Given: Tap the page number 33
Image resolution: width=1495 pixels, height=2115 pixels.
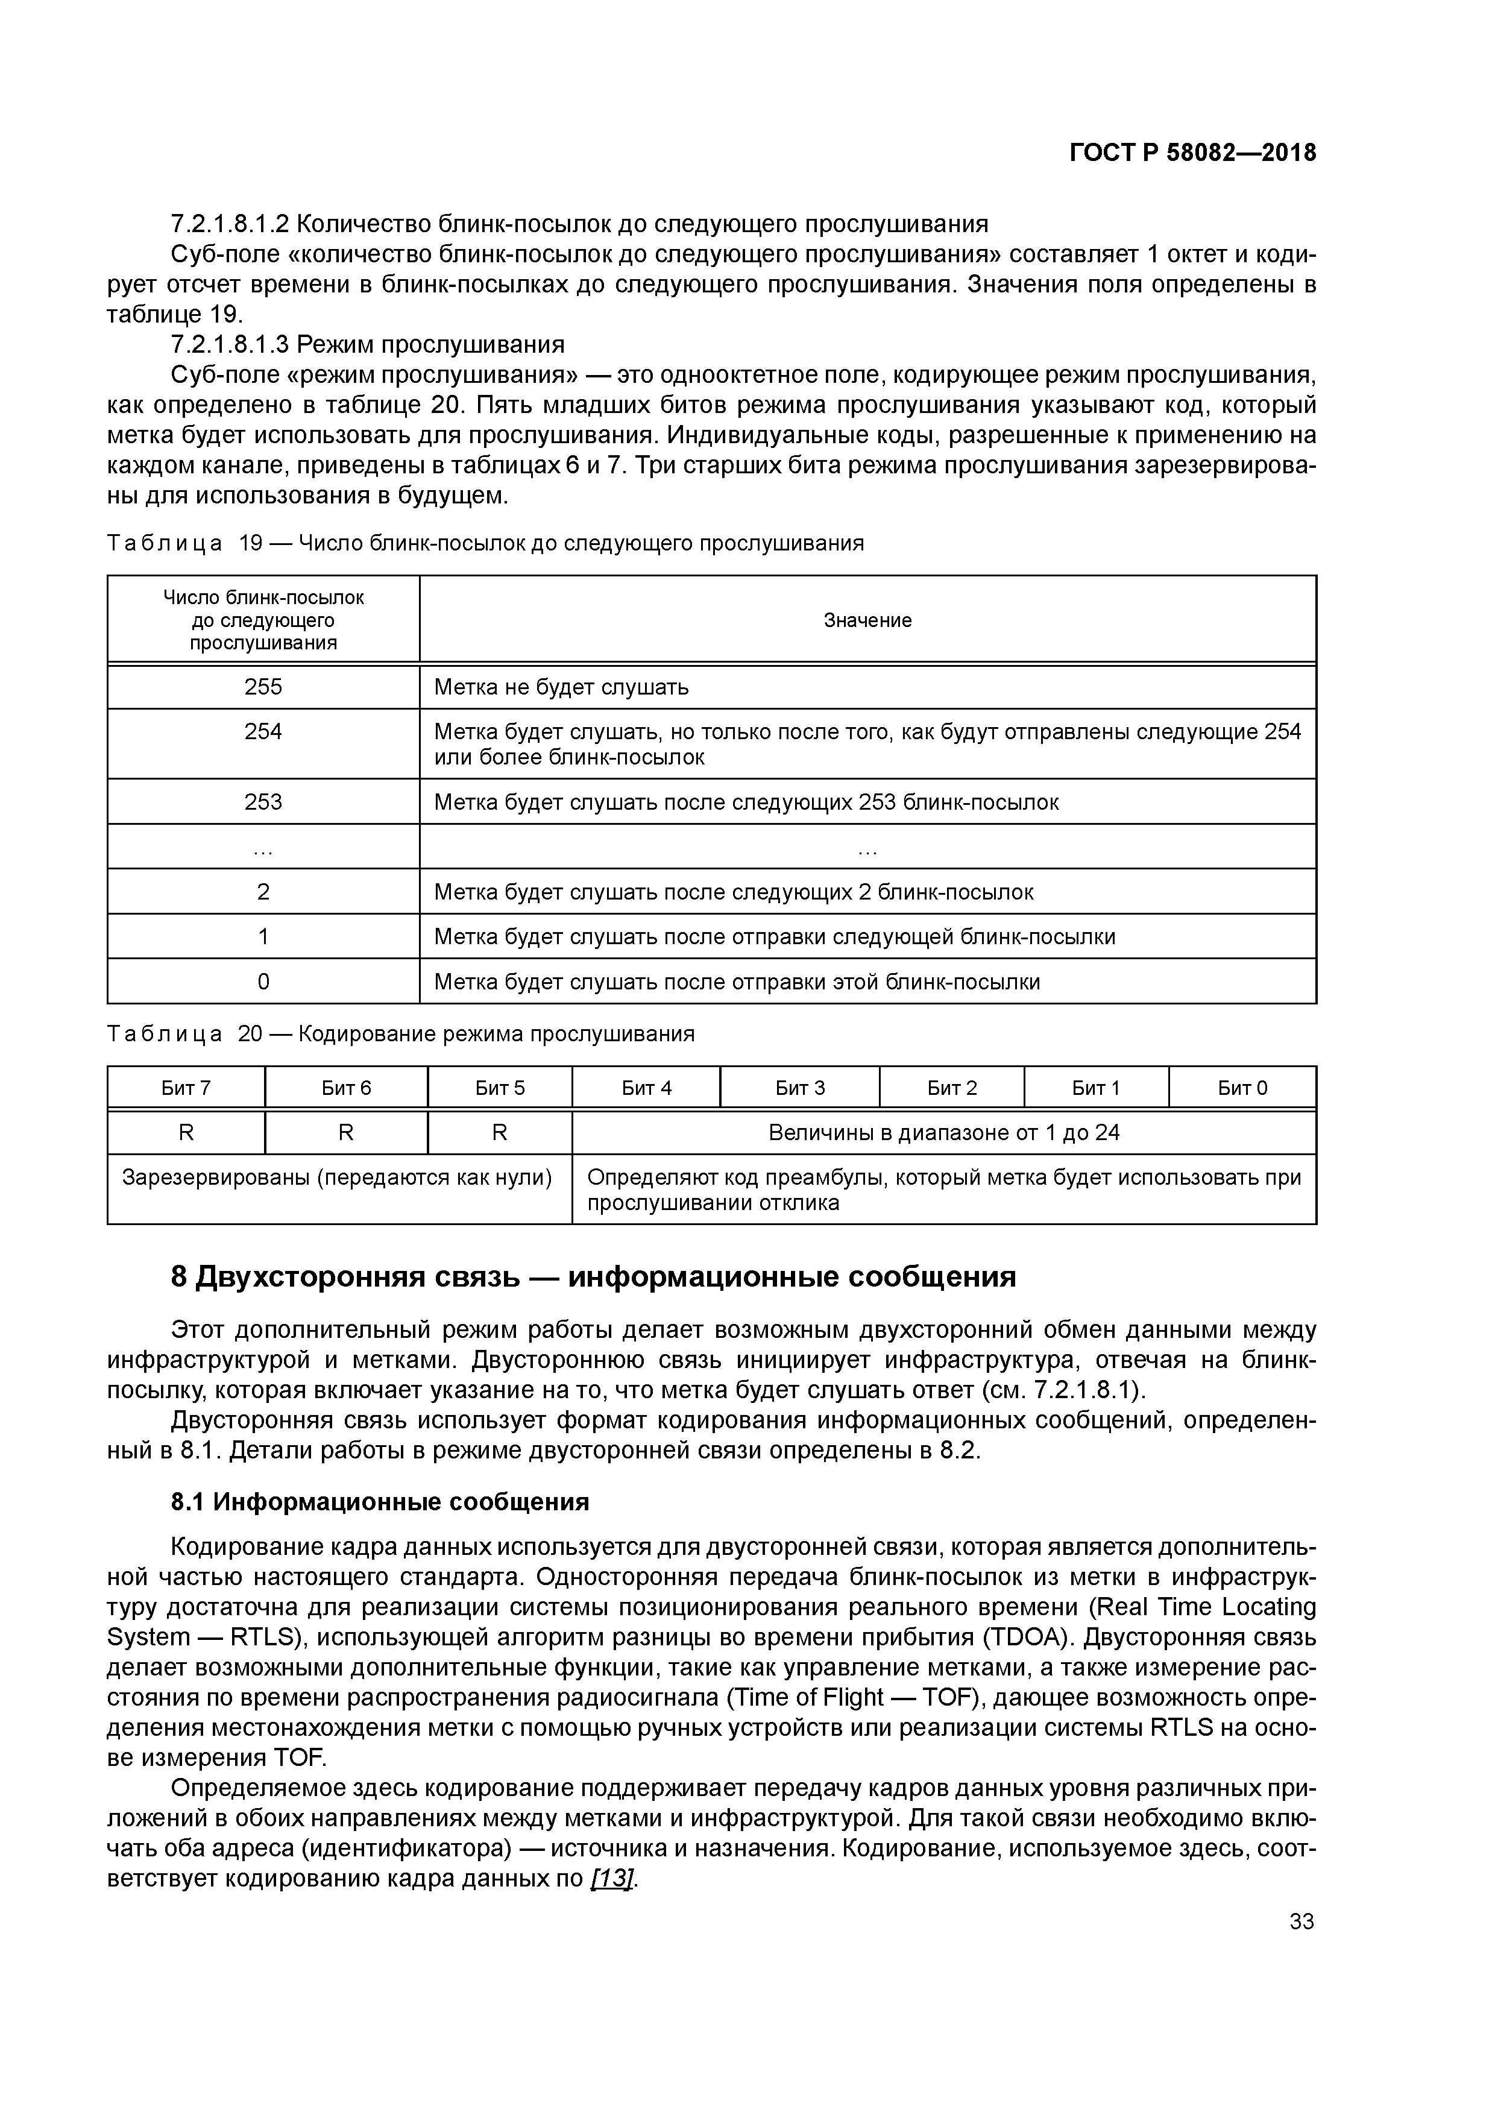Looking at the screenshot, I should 1301,1921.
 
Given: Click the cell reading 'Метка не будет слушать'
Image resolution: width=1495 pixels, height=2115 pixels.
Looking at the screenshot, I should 561,687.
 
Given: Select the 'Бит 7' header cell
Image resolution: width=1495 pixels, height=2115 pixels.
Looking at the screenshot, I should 186,1088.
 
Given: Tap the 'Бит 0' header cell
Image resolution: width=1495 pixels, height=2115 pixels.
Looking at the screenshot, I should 1242,1088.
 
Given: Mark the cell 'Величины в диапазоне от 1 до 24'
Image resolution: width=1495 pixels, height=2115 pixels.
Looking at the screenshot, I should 943,1133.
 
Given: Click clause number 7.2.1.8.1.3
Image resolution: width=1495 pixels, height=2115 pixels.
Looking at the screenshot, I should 230,344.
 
